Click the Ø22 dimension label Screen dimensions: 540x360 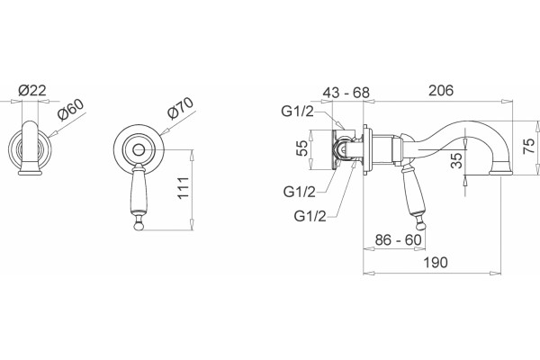click(x=32, y=90)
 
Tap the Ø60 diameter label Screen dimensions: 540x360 click(x=70, y=110)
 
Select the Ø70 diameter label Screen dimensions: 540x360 click(x=180, y=108)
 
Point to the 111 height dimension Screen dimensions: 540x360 click(x=184, y=188)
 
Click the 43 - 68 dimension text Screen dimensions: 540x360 click(x=346, y=93)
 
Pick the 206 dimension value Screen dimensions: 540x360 click(x=441, y=90)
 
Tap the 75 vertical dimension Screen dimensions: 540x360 click(x=529, y=146)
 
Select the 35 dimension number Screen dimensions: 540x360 click(x=456, y=160)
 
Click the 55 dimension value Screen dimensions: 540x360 click(x=302, y=148)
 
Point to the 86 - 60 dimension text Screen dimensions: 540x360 click(x=398, y=239)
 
